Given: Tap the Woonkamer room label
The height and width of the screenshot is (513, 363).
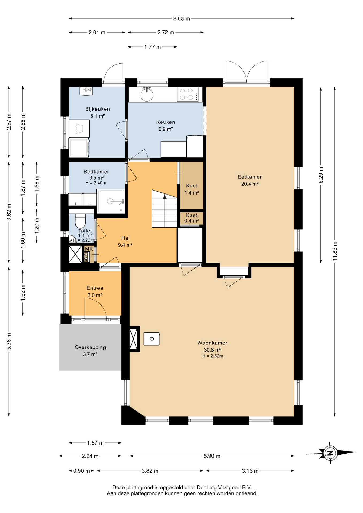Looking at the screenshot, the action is click(212, 343).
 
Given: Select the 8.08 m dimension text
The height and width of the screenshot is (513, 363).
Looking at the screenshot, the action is click(181, 18).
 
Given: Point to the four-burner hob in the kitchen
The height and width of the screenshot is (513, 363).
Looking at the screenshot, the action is click(188, 94).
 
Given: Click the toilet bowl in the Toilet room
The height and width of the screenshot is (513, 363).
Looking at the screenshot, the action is click(80, 221).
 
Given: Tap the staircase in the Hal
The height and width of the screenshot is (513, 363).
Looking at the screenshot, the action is click(164, 209).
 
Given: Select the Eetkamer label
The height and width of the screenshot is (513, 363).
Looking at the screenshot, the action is click(250, 177).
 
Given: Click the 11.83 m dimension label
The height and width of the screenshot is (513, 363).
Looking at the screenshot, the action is click(335, 251).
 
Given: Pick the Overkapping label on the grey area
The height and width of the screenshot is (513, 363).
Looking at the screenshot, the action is click(90, 347).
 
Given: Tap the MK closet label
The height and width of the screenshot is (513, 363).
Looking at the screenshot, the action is click(89, 249).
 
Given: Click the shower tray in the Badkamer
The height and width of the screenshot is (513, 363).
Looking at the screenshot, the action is click(111, 201).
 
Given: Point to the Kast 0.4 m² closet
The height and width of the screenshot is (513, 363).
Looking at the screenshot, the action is click(191, 218).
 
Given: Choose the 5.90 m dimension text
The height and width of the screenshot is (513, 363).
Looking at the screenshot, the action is click(212, 456).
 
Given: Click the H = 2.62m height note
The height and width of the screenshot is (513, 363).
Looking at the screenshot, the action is click(213, 356).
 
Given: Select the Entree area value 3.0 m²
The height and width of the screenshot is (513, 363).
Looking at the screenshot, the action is click(95, 295).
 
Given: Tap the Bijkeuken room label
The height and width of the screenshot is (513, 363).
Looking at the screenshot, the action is click(98, 109).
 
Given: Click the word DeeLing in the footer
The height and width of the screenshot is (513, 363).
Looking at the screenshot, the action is click(207, 487).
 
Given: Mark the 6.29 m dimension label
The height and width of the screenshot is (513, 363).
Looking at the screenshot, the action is click(321, 175).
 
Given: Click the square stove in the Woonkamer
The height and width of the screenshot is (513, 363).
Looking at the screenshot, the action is click(152, 339).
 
